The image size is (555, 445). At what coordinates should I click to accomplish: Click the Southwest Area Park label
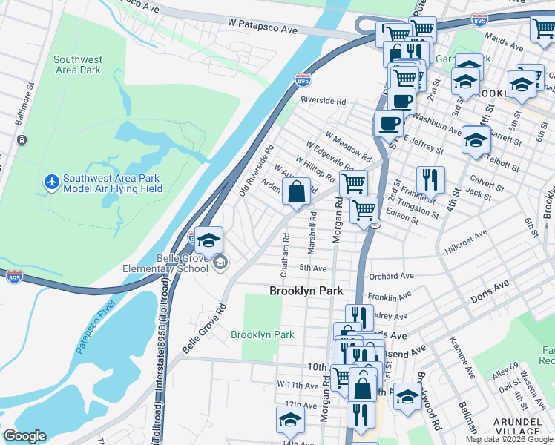click(77, 65)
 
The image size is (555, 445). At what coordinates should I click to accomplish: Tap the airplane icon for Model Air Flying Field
click(51, 182)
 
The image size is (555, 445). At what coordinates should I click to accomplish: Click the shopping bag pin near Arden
click(296, 193)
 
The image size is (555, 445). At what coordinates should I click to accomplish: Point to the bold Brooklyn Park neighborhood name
click(306, 291)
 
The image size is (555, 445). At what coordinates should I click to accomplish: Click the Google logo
click(24, 436)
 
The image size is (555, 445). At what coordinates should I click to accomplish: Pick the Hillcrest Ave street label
click(466, 242)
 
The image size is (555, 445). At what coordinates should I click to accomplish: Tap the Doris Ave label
click(490, 291)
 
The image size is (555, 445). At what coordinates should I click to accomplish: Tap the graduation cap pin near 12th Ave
click(290, 420)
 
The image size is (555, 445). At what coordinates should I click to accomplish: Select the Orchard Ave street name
click(390, 276)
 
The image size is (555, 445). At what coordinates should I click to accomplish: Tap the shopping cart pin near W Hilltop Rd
click(353, 183)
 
